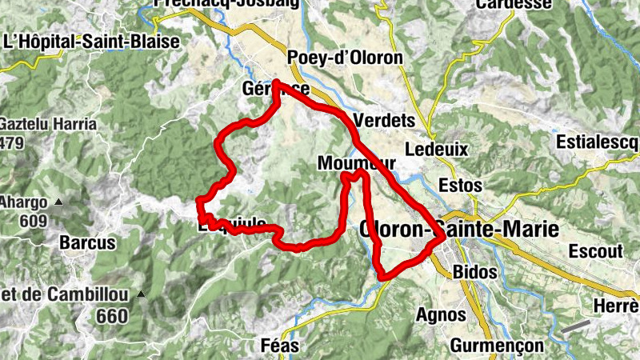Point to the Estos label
click(461, 186)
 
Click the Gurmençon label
click(497, 346)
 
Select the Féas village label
click(280, 346)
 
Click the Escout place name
click(595, 250)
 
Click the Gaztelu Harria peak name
click(48, 124)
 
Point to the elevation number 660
click(111, 317)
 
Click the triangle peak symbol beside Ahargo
click(58, 203)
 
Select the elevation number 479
click(13, 143)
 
